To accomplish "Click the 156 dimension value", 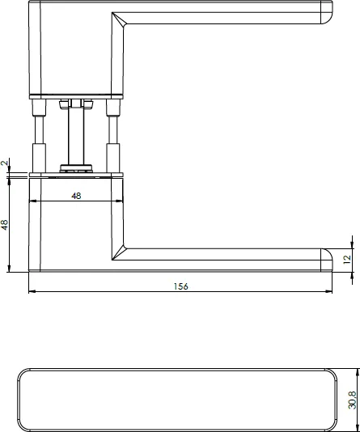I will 180,287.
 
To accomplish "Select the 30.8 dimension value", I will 352,400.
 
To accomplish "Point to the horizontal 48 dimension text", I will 76,196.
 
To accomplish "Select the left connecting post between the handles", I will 37,133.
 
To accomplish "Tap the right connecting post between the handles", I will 115,133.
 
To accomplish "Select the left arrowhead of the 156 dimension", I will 32,293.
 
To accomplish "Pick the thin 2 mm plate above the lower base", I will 76,174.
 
